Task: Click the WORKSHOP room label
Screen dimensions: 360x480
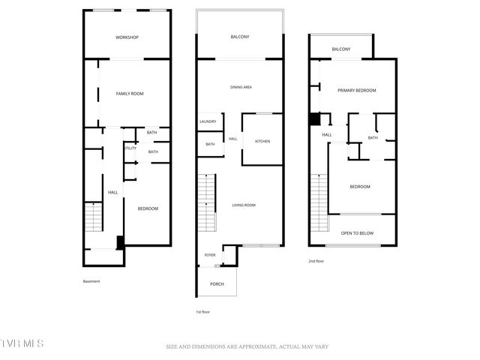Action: click(x=127, y=37)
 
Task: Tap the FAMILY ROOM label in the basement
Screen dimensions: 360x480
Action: click(x=129, y=94)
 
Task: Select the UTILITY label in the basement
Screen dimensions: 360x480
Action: click(x=129, y=148)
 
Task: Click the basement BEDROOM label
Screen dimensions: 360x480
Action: click(x=147, y=208)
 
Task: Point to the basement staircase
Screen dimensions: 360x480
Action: click(x=92, y=218)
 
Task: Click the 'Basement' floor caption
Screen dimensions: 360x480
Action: click(x=91, y=281)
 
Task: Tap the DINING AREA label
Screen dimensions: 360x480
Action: click(x=241, y=88)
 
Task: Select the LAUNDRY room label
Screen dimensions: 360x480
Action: click(x=208, y=122)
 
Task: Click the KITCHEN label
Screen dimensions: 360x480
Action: click(x=262, y=142)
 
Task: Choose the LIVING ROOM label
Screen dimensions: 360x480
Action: click(x=244, y=205)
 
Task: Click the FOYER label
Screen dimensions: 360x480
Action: click(x=210, y=255)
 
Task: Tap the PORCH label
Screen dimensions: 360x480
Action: click(x=217, y=284)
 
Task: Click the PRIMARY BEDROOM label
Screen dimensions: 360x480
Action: click(x=356, y=90)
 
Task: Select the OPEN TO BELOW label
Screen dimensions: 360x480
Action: click(x=357, y=233)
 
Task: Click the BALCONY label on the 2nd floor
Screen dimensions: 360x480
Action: click(x=340, y=49)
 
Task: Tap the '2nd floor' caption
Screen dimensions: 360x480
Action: click(x=316, y=261)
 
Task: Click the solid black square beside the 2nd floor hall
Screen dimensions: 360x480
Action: click(x=315, y=119)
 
